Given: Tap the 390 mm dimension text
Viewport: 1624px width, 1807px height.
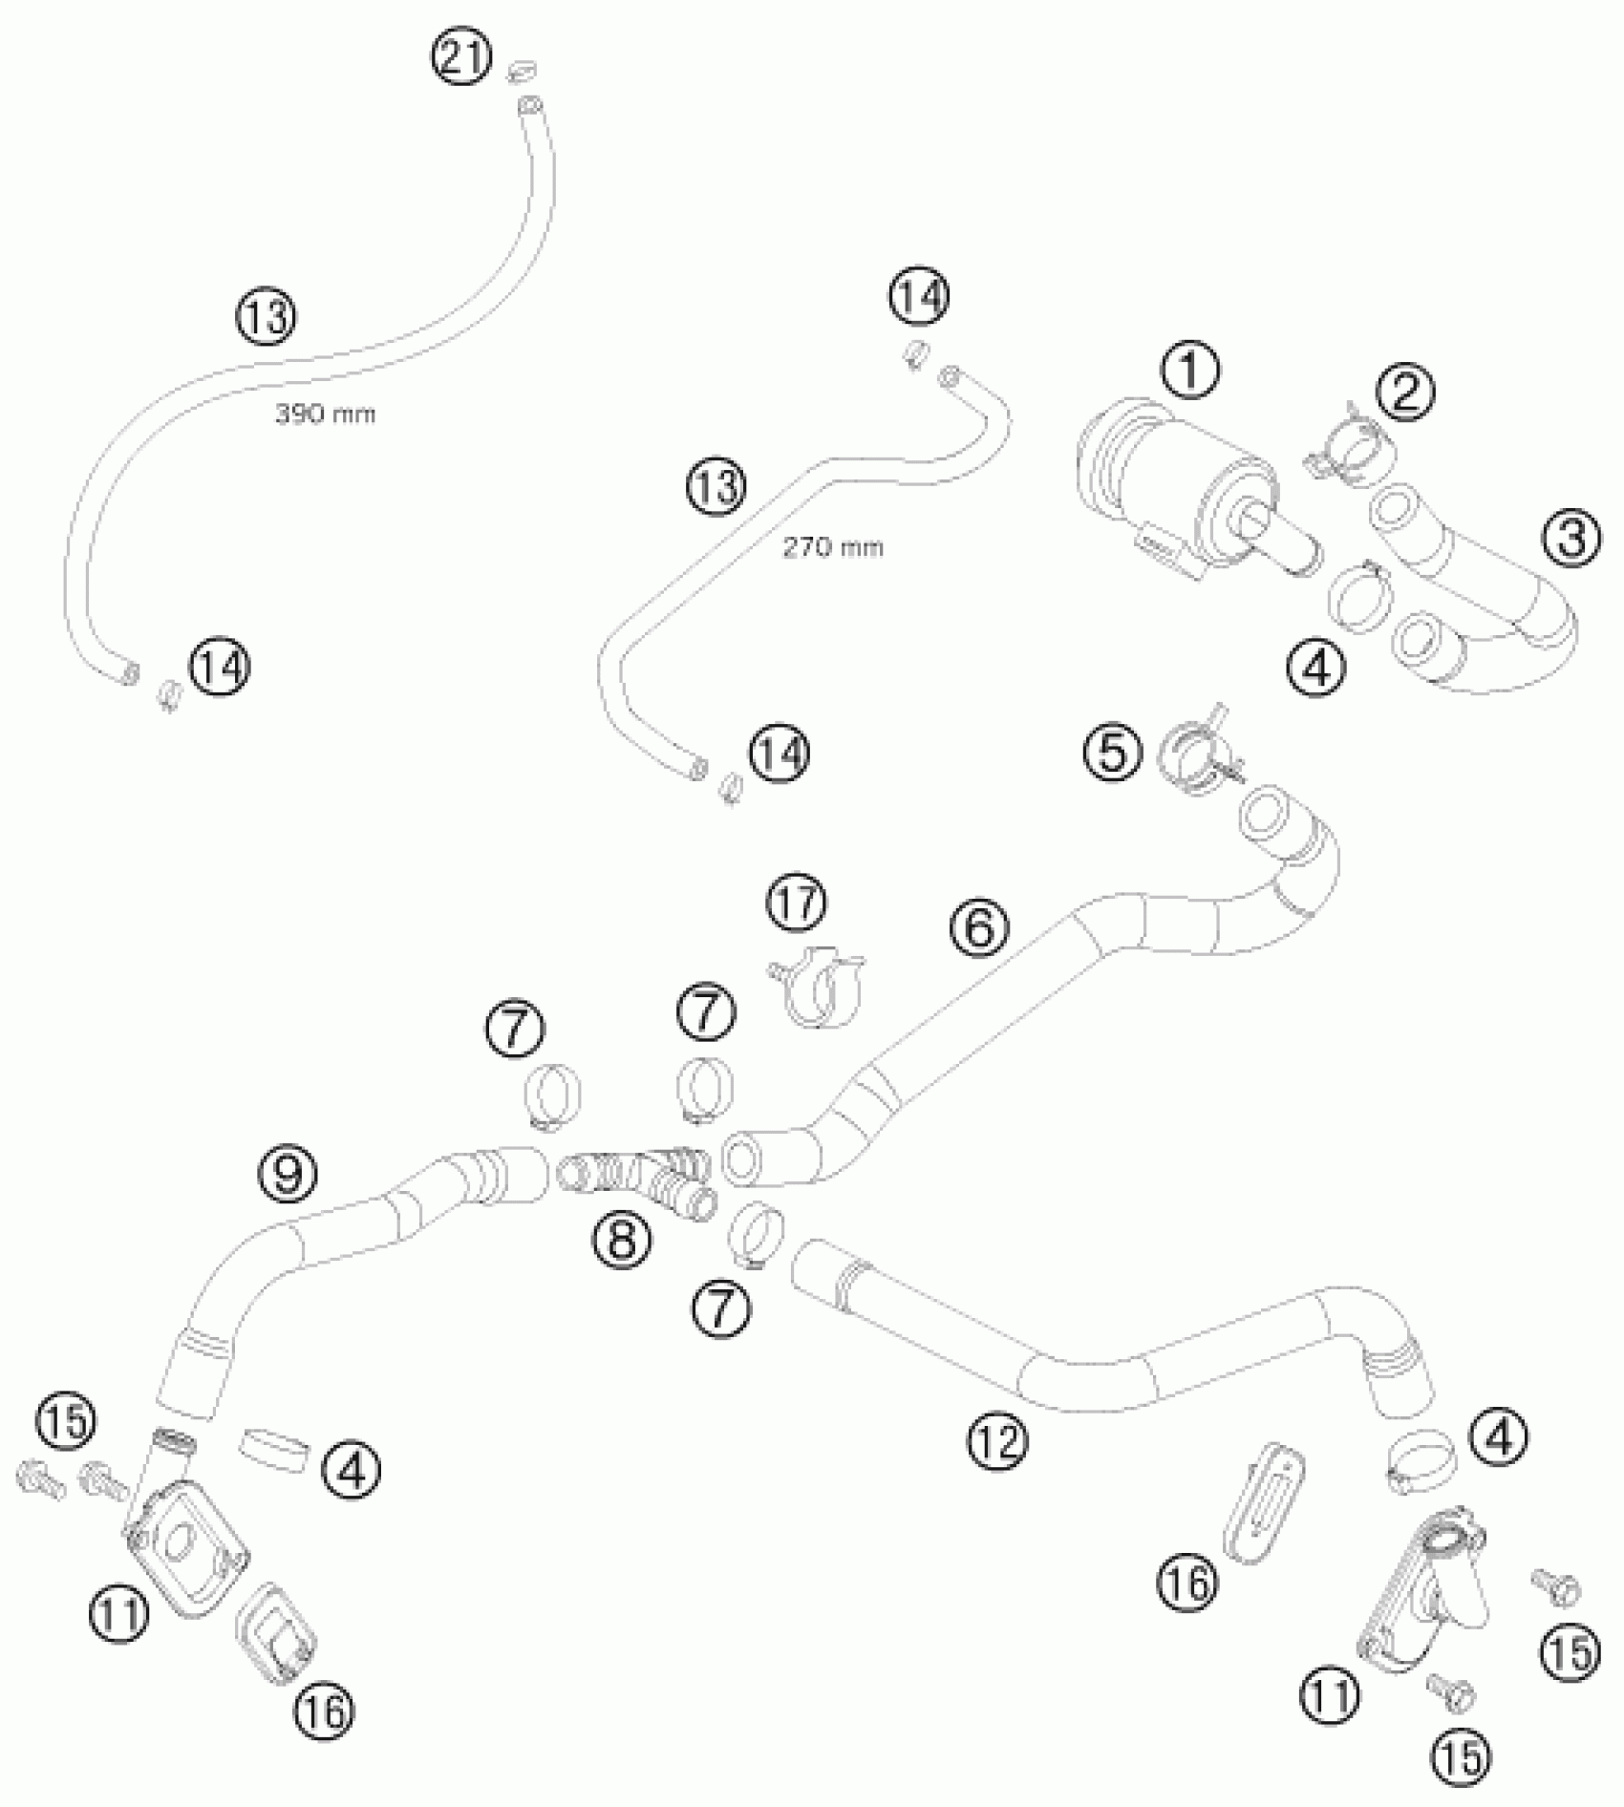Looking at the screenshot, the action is (x=325, y=414).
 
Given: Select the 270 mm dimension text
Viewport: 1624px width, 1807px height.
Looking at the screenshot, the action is (x=832, y=548).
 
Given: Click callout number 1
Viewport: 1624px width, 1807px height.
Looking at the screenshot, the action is (x=1190, y=371).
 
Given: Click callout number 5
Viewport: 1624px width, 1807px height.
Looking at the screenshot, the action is (x=1111, y=753).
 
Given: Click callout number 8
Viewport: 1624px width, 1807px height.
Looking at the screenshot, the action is (x=620, y=1240).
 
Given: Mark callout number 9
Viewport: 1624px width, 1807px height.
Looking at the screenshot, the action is (x=288, y=1172).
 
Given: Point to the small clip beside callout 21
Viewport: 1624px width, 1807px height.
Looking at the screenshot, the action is (x=522, y=70).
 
